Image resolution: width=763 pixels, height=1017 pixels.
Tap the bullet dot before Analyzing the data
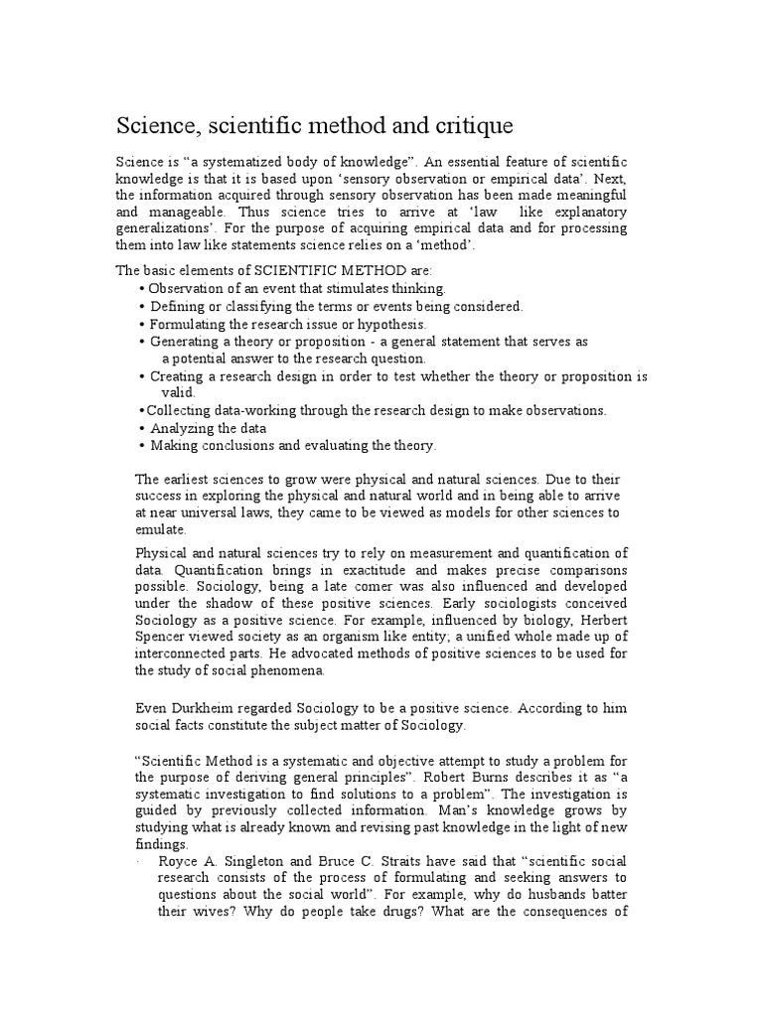[x=143, y=429]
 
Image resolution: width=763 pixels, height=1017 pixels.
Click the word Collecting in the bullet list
[x=178, y=410]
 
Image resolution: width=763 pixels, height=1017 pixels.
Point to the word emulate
[x=159, y=530]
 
